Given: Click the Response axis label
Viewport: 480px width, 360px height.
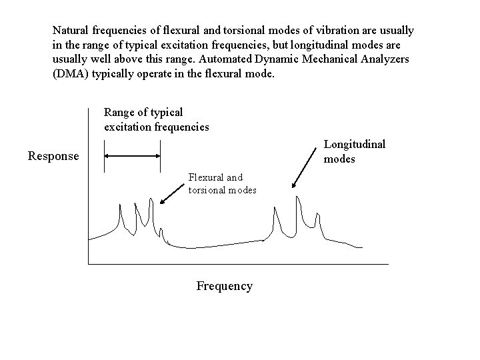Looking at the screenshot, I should click(x=53, y=157).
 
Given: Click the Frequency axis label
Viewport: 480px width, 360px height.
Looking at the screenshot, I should click(x=224, y=286).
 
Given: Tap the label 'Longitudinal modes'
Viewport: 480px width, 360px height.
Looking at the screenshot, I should click(x=354, y=151).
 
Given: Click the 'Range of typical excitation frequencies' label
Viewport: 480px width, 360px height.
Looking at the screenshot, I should click(x=156, y=119).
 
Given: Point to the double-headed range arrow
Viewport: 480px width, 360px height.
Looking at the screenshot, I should click(x=132, y=155).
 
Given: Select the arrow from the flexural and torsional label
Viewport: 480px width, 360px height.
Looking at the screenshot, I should click(x=171, y=193).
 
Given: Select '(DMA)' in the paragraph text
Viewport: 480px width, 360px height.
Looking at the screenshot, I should click(x=69, y=75).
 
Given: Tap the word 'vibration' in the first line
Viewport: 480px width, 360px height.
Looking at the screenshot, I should click(x=336, y=31).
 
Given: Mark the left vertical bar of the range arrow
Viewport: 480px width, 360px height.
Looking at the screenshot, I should click(x=103, y=155).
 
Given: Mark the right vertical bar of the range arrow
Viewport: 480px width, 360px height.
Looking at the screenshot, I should click(x=161, y=155).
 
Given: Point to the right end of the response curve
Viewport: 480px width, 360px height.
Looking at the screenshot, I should click(x=362, y=247).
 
